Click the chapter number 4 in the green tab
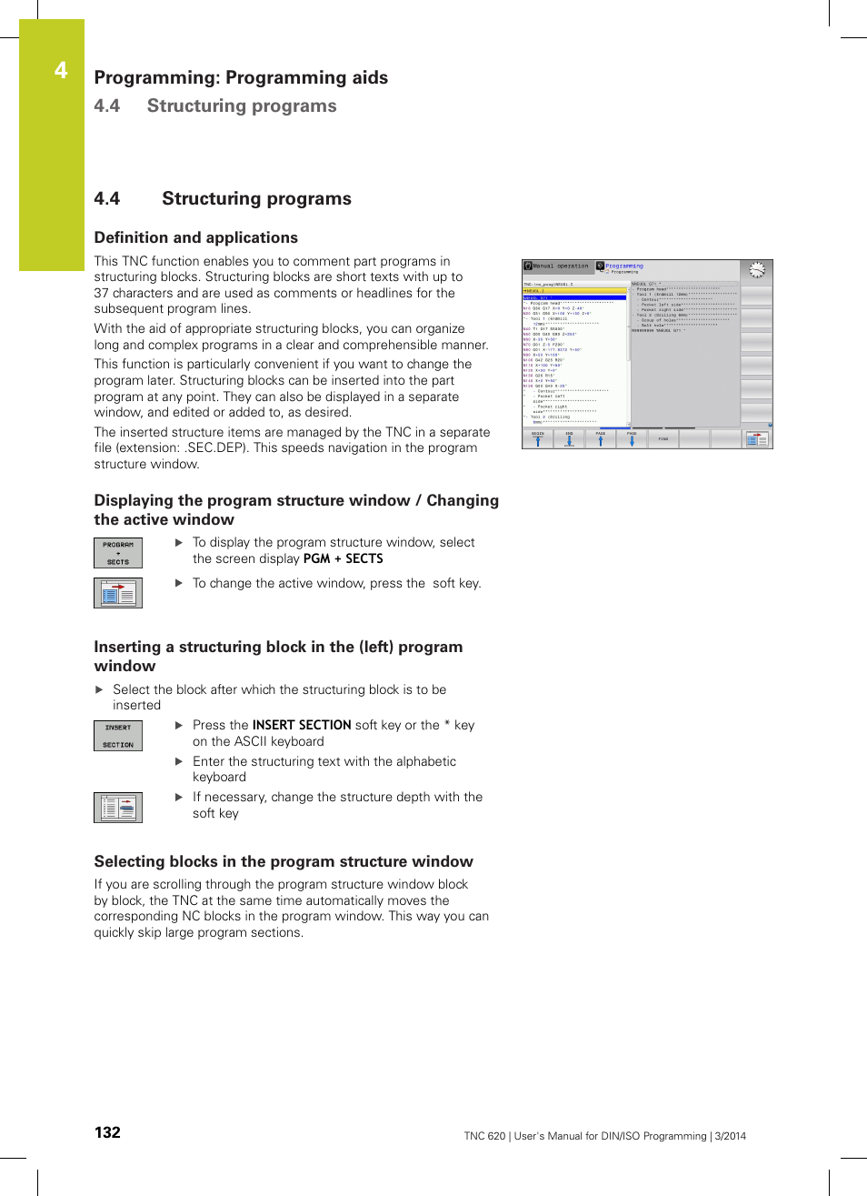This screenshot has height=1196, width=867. [x=61, y=71]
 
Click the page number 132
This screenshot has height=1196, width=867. [x=107, y=1132]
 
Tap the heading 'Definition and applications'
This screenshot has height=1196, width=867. [x=195, y=237]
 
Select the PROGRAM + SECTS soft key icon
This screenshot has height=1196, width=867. [x=118, y=553]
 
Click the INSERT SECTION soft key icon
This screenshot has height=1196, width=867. [x=118, y=736]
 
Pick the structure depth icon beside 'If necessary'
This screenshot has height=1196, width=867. [x=118, y=808]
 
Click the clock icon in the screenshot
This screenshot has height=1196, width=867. [x=756, y=270]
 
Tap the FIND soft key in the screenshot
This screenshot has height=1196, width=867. [x=663, y=439]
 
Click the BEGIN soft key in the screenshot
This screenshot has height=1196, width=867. [x=537, y=439]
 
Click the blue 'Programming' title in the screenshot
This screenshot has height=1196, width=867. [x=624, y=266]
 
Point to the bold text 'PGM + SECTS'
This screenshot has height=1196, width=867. [x=343, y=558]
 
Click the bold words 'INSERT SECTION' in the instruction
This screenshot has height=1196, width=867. [x=302, y=725]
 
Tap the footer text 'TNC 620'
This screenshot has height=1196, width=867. [x=484, y=1136]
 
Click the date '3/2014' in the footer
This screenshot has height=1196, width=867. [x=730, y=1136]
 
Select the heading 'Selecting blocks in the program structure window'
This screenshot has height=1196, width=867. [x=284, y=861]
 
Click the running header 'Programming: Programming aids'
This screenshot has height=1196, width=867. [x=241, y=77]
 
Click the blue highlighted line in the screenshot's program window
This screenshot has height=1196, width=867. [x=574, y=297]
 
